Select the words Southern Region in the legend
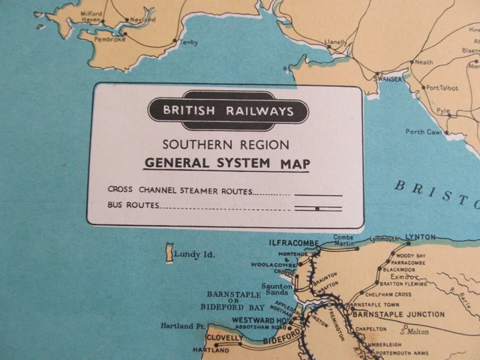(x=226, y=145)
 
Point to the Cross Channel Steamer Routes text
(x=198, y=191)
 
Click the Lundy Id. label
(x=194, y=255)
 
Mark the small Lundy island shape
(x=169, y=252)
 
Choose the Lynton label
(x=420, y=237)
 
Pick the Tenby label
(x=189, y=43)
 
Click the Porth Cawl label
(x=423, y=131)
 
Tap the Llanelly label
(x=334, y=42)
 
